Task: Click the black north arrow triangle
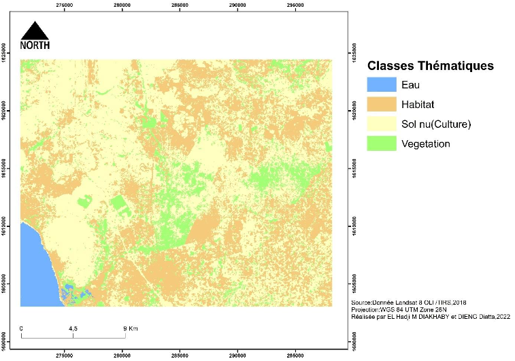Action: (x=35, y=31)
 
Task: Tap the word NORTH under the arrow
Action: (x=35, y=46)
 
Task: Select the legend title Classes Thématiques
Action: (x=430, y=67)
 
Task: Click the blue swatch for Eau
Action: (x=380, y=85)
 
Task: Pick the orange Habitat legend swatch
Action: (x=380, y=105)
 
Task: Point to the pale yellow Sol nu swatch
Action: (x=380, y=124)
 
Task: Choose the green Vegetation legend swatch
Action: (x=380, y=144)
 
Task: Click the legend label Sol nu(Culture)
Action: (x=436, y=124)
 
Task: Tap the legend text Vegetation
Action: (x=426, y=144)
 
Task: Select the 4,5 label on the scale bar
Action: (x=73, y=328)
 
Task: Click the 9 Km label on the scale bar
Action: (x=129, y=328)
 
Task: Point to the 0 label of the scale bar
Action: (x=22, y=328)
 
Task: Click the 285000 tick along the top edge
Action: (x=180, y=5)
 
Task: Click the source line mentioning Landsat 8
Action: (x=408, y=302)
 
